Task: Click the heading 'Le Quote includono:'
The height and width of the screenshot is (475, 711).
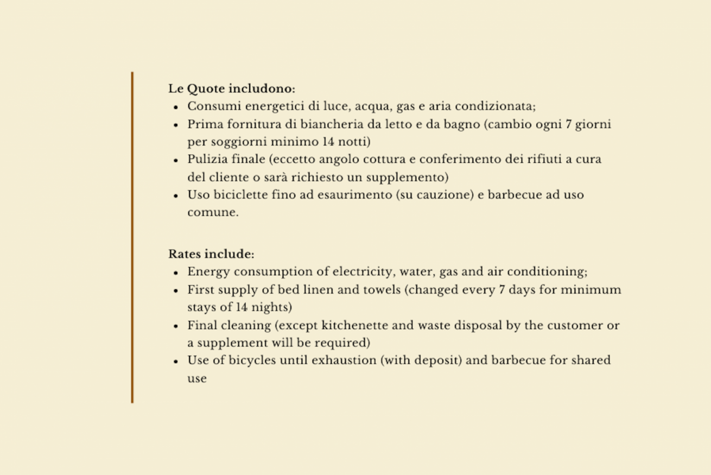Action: (x=232, y=88)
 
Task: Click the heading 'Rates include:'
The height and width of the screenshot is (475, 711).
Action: (x=211, y=254)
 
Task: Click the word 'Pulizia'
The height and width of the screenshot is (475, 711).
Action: (x=206, y=160)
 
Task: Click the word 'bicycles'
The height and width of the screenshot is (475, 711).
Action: (x=252, y=360)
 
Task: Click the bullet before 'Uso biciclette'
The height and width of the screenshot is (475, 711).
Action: (x=176, y=195)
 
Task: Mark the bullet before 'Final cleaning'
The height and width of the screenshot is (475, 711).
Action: (x=176, y=326)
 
